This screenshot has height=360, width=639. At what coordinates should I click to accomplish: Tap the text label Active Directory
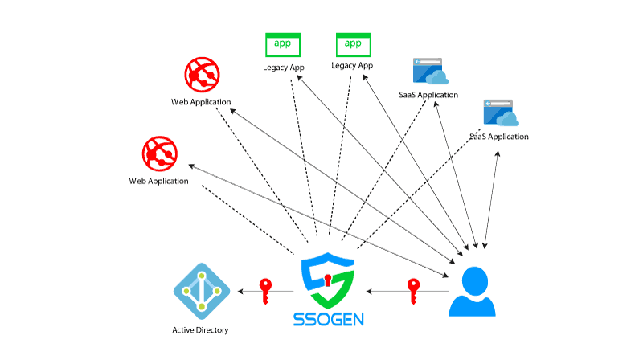point(200,330)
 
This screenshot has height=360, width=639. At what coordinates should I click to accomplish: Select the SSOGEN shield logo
point(329,280)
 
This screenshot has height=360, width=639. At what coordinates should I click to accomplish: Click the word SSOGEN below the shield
point(329,319)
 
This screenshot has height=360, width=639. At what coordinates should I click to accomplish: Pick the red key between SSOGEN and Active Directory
point(265,290)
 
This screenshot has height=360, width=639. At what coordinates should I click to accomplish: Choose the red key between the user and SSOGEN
point(413,290)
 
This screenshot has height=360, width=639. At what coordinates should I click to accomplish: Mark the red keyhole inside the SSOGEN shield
point(328,279)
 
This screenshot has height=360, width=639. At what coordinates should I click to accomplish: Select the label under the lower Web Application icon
point(158,181)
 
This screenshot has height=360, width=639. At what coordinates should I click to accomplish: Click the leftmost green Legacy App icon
point(283,44)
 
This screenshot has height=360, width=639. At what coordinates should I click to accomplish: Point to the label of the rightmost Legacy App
point(352,66)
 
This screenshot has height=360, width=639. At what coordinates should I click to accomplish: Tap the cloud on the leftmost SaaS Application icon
point(438,76)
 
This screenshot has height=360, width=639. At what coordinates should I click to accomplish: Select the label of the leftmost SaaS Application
point(428,95)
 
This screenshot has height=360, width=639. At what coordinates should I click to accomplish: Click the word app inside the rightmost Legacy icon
point(352,42)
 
